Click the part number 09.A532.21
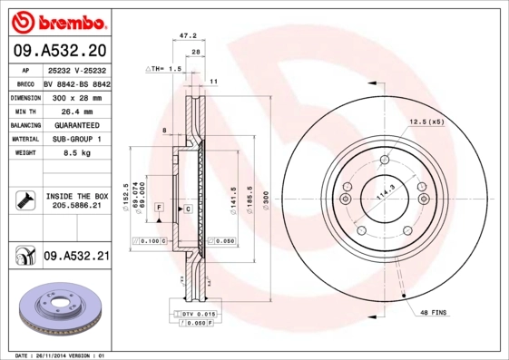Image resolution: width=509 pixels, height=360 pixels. (76, 257)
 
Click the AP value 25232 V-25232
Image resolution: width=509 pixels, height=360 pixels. (76, 68)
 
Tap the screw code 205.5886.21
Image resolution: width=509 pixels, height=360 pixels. (76, 207)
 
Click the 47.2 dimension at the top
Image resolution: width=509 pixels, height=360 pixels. (188, 36)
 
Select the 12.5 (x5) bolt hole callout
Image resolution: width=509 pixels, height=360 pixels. (426, 122)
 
